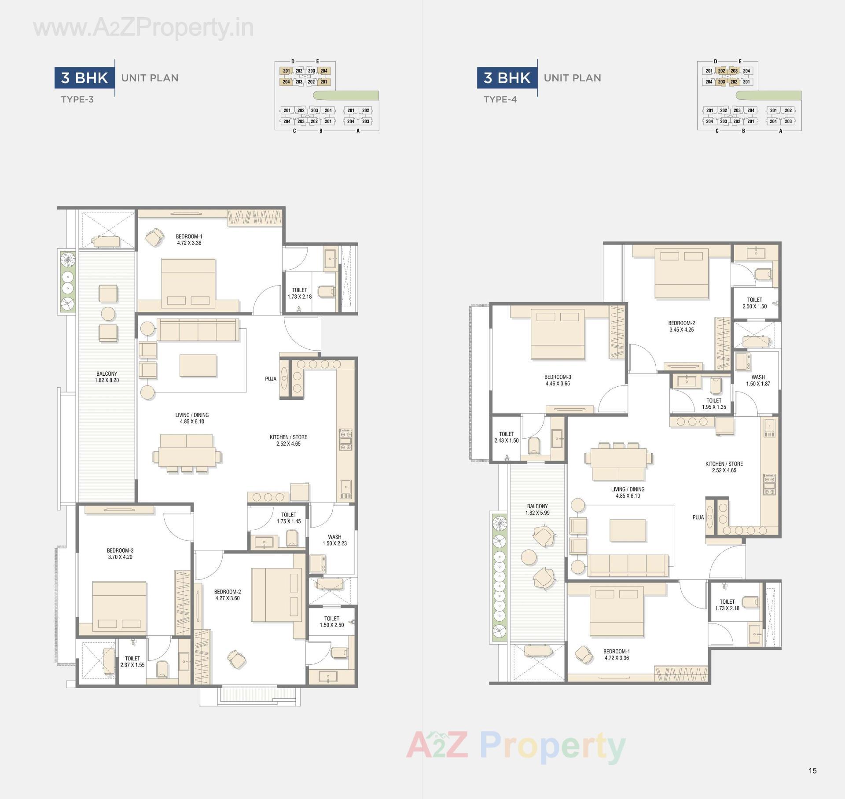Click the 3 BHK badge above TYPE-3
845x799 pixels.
(x=84, y=78)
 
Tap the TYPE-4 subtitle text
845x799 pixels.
(x=500, y=99)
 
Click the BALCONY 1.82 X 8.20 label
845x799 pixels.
(x=107, y=377)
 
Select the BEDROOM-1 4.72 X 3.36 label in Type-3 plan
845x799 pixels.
(x=189, y=240)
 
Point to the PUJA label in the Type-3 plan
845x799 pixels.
(x=271, y=379)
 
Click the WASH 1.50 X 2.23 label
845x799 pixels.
(x=334, y=540)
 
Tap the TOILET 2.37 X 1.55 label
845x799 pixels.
(x=132, y=662)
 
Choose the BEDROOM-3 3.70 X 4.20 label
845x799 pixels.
(x=120, y=553)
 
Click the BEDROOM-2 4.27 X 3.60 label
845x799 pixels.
(x=228, y=595)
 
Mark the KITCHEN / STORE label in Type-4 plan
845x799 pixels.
(x=724, y=467)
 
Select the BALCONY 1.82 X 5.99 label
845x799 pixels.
(x=537, y=509)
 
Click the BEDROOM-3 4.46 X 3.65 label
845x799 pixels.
(x=558, y=380)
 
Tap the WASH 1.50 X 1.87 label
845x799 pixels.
(x=758, y=381)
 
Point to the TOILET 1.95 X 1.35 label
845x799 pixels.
(x=714, y=404)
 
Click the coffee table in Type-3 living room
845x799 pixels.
(x=198, y=366)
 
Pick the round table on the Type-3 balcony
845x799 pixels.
(x=108, y=314)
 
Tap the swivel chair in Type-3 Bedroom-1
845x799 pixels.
(x=154, y=238)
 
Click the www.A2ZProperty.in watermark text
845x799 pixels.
(x=143, y=28)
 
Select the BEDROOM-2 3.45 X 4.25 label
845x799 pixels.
(x=681, y=326)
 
